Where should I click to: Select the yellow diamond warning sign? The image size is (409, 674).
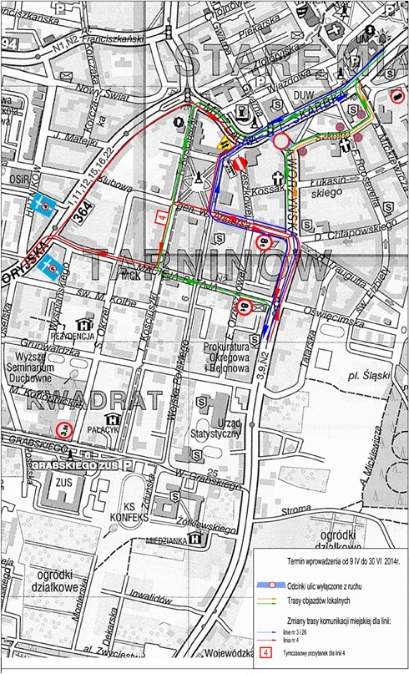pyautogui.click(x=223, y=143)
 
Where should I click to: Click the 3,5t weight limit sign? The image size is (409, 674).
pyautogui.click(x=65, y=430)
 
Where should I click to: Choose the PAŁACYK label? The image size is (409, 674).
pyautogui.click(x=110, y=433)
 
